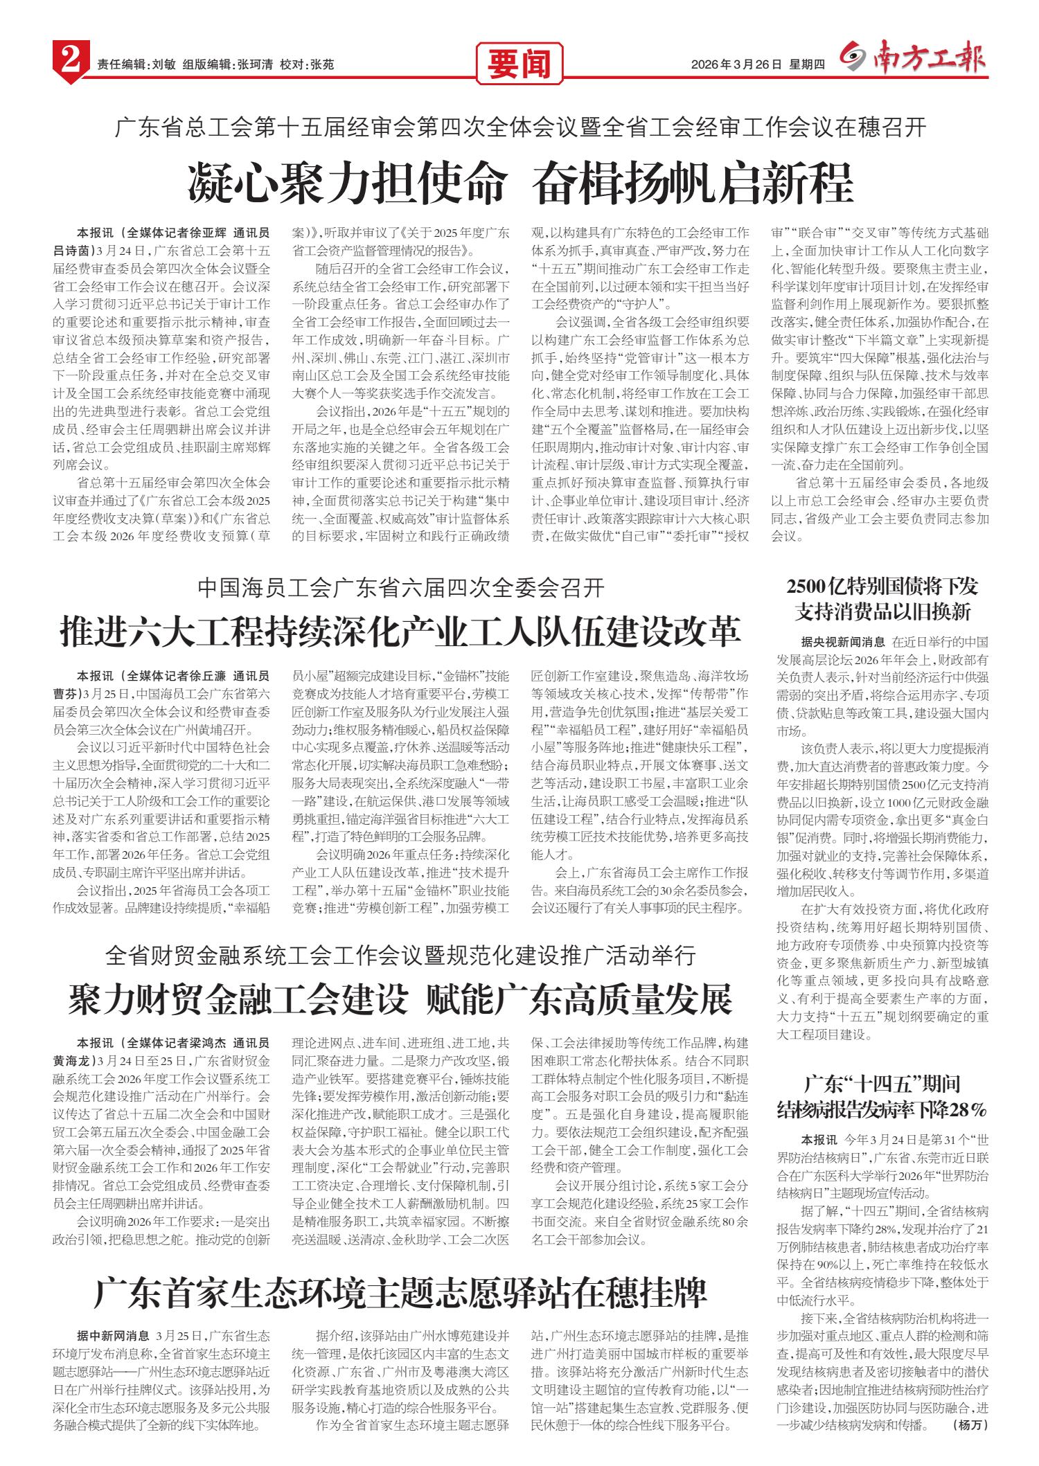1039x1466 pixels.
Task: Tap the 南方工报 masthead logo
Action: [914, 61]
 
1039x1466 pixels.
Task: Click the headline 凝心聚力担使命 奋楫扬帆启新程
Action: [519, 183]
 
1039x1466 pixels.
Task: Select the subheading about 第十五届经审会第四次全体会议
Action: [519, 127]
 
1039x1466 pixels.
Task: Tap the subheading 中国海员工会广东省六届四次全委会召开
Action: [400, 588]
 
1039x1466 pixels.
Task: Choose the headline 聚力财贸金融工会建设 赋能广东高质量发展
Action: [400, 999]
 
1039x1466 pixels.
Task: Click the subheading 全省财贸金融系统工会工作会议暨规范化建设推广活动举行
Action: [400, 956]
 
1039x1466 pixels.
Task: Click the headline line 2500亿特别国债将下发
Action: [882, 587]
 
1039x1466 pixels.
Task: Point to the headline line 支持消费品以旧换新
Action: [882, 612]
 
